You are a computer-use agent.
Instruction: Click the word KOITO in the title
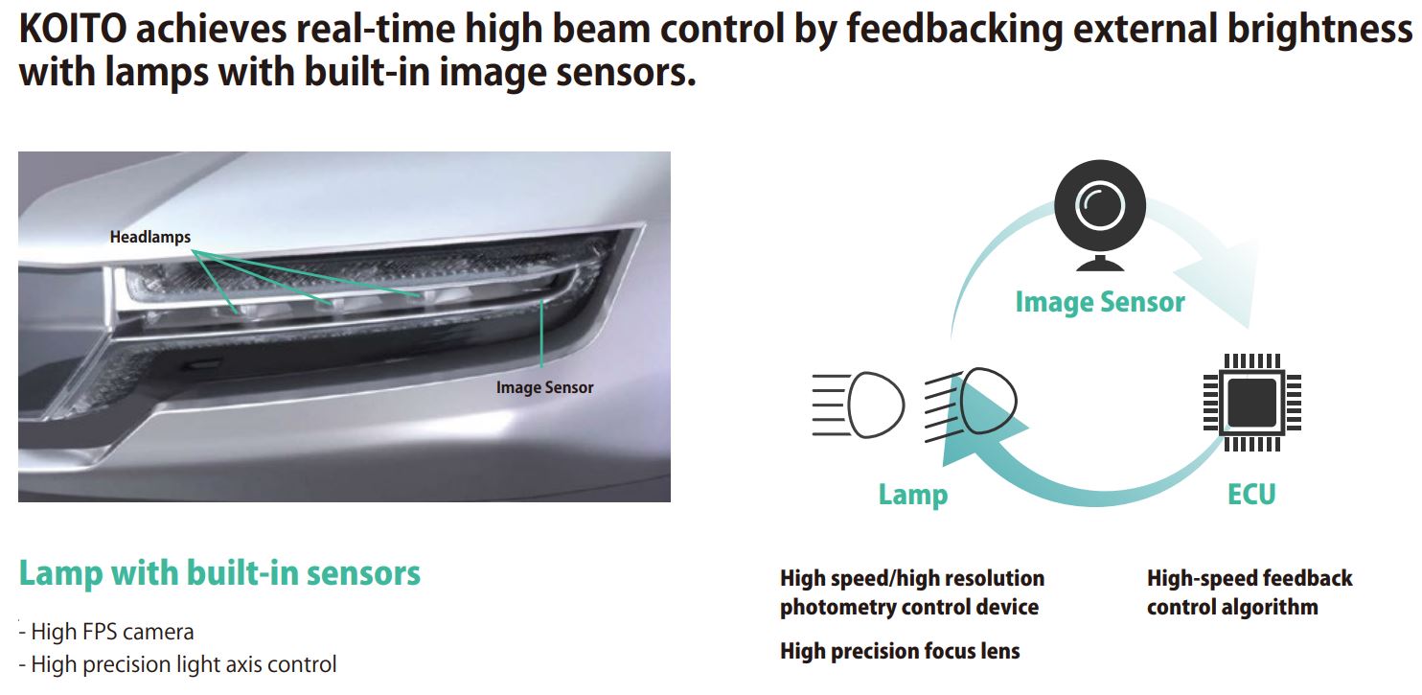click(72, 31)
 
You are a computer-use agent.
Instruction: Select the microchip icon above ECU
click(1251, 403)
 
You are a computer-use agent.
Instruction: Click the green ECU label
click(1251, 495)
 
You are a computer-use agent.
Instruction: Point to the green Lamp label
click(912, 495)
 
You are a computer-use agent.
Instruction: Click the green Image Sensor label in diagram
click(1099, 303)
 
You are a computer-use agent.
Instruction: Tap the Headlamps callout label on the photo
click(149, 237)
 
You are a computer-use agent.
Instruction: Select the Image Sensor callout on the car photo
click(544, 387)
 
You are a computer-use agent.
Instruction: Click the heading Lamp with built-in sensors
click(219, 573)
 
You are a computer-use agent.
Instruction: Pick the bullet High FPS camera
click(112, 632)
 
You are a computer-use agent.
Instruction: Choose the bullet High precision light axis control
click(183, 663)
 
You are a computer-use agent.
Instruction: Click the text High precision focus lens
click(900, 652)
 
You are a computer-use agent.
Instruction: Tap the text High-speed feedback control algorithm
click(1249, 592)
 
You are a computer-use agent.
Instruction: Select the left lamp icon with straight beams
click(858, 404)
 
